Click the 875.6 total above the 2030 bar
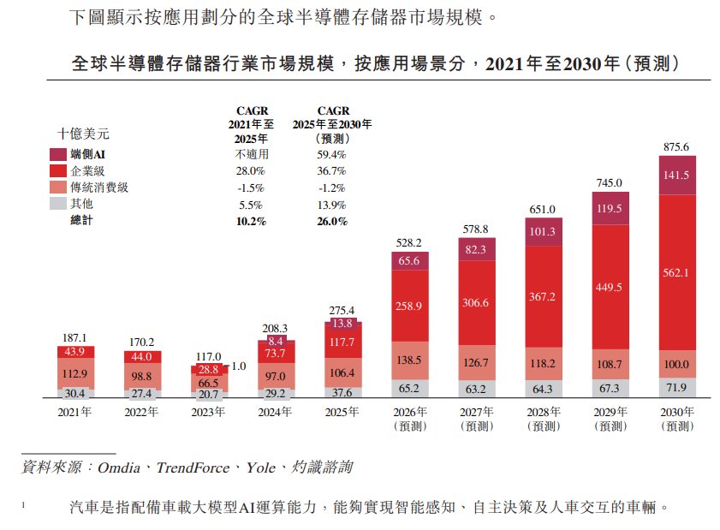676,147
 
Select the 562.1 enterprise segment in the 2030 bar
677,273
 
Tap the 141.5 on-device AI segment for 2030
677,176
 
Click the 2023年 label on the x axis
208,412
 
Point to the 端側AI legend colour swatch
58,154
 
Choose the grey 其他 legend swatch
58,204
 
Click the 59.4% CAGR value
331,154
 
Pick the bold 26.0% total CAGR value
332,222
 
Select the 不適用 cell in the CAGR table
252,154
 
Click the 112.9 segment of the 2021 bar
75,373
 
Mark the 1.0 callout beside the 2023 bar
239,366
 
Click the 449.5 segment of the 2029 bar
610,287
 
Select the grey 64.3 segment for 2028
544,389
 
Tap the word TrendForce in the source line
193,467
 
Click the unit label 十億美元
83,134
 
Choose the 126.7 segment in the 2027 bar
477,363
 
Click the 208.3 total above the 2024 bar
275,329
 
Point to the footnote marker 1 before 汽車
23,505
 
